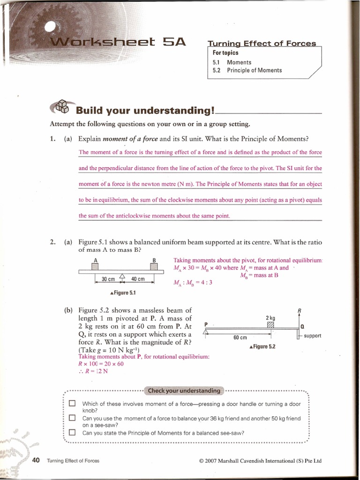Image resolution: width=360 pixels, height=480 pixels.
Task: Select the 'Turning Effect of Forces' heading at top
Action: coord(262,44)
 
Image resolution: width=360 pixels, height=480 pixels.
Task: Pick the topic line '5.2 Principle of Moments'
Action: coord(247,70)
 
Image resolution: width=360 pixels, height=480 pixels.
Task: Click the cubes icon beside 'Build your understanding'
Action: coord(61,107)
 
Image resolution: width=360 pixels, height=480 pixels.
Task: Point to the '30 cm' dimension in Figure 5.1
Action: coord(108,279)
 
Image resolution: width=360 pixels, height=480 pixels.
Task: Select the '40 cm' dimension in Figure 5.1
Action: coord(138,279)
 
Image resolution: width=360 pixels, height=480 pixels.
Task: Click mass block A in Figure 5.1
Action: coord(96,267)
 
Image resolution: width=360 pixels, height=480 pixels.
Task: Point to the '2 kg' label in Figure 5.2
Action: coord(270,318)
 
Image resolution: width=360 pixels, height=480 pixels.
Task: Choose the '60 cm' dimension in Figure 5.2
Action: coord(240,337)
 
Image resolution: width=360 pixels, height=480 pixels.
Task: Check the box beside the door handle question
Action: coord(72,403)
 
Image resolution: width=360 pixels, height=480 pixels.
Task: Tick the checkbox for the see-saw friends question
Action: coord(72,418)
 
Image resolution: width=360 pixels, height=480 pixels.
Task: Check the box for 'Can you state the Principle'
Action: coord(72,433)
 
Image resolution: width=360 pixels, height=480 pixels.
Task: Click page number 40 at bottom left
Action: coord(36,460)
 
